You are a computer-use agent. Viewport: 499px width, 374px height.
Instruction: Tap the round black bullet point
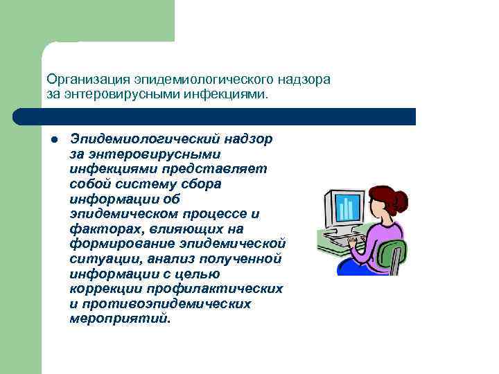click(x=52, y=140)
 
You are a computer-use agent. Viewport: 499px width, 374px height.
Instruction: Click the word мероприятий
click(x=119, y=319)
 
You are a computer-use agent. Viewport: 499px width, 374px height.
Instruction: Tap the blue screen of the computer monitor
click(x=348, y=207)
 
